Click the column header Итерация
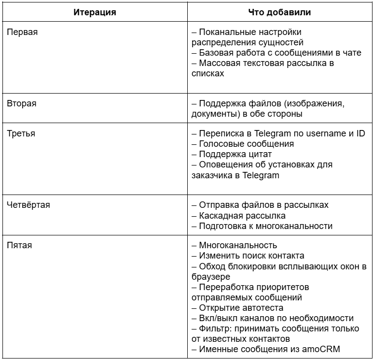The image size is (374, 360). point(95,12)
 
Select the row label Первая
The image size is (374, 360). point(22,32)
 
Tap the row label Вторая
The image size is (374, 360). point(22,103)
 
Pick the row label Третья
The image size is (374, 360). point(21,133)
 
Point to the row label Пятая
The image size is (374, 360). point(20,245)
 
